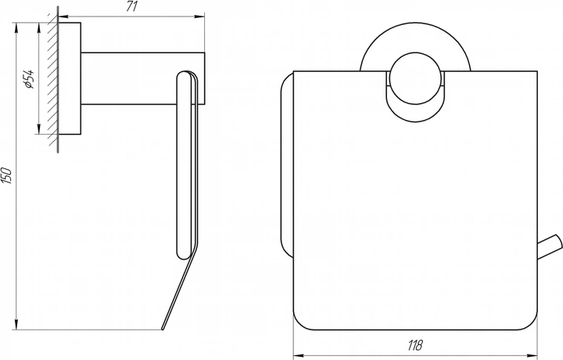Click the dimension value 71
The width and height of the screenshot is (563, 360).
tap(132, 6)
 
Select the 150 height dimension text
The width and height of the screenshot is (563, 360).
tap(7, 175)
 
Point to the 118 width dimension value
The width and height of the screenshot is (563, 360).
tap(415, 345)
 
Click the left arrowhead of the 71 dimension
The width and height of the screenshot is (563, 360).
tap(63, 16)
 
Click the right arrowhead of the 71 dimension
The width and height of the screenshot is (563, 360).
tap(200, 16)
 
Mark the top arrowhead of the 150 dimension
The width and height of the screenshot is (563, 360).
tap(16, 27)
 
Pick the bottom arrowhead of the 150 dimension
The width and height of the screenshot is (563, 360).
tap(16, 325)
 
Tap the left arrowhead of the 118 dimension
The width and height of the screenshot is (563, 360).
tap(299, 355)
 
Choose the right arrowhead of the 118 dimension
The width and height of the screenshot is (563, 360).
tap(533, 355)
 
